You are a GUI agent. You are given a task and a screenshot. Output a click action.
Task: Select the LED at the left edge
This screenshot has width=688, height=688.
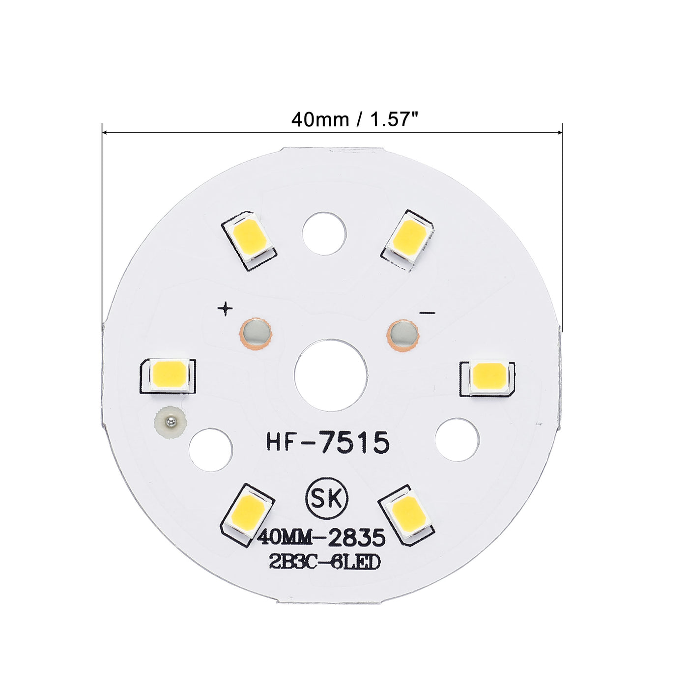tap(169, 374)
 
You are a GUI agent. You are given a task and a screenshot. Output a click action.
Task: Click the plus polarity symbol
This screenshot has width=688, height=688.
tap(225, 309)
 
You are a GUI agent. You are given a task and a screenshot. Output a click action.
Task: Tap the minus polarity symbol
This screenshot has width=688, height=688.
tap(428, 313)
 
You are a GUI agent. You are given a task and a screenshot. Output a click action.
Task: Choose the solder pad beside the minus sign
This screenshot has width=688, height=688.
tap(403, 335)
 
